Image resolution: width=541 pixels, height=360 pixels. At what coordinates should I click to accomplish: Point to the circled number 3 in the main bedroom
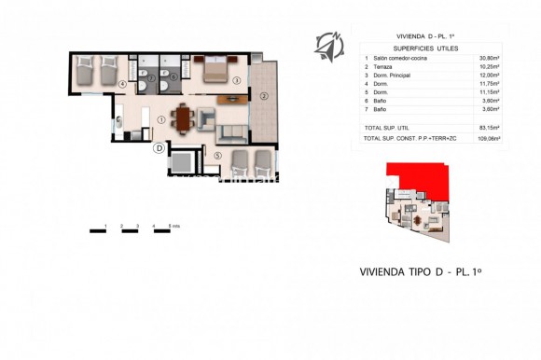pos(237,81)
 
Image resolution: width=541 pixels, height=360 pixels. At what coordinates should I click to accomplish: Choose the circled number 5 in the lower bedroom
pos(217,155)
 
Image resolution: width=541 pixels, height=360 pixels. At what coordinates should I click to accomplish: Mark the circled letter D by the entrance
pos(160,147)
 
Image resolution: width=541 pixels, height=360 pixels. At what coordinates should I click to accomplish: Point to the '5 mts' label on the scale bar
pos(173,227)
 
